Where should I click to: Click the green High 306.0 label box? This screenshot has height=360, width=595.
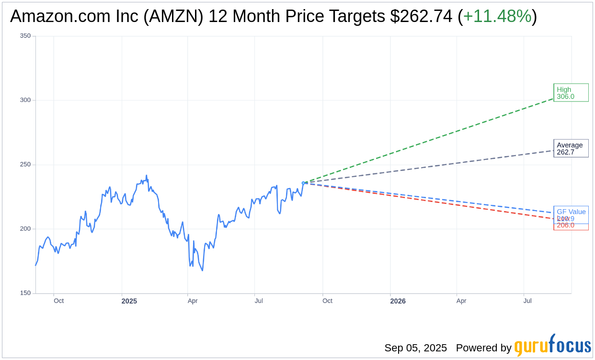pos(571,93)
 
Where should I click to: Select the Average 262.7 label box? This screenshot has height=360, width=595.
pos(571,148)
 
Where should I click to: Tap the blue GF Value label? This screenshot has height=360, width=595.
pos(571,212)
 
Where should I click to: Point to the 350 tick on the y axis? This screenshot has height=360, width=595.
pos(25,36)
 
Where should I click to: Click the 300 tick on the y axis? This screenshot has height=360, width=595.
pos(25,100)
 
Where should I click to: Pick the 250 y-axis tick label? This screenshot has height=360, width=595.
pos(25,165)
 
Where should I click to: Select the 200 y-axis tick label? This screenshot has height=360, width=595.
pos(25,229)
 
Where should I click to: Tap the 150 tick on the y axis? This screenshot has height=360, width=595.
pos(25,293)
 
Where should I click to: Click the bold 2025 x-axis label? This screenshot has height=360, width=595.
pos(129,301)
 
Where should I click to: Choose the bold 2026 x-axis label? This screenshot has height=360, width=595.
pos(398,301)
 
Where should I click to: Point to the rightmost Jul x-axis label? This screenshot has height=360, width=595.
pos(527,301)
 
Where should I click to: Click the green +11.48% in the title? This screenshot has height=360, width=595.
pos(497,16)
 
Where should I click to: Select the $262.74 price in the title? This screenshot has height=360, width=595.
pos(421,16)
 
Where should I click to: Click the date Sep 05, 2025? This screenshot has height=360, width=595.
pos(415,348)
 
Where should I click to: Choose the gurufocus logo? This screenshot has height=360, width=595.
pos(552,346)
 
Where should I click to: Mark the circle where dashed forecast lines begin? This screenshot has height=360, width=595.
pos(303,183)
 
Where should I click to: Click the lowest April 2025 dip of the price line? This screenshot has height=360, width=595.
pos(202,270)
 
